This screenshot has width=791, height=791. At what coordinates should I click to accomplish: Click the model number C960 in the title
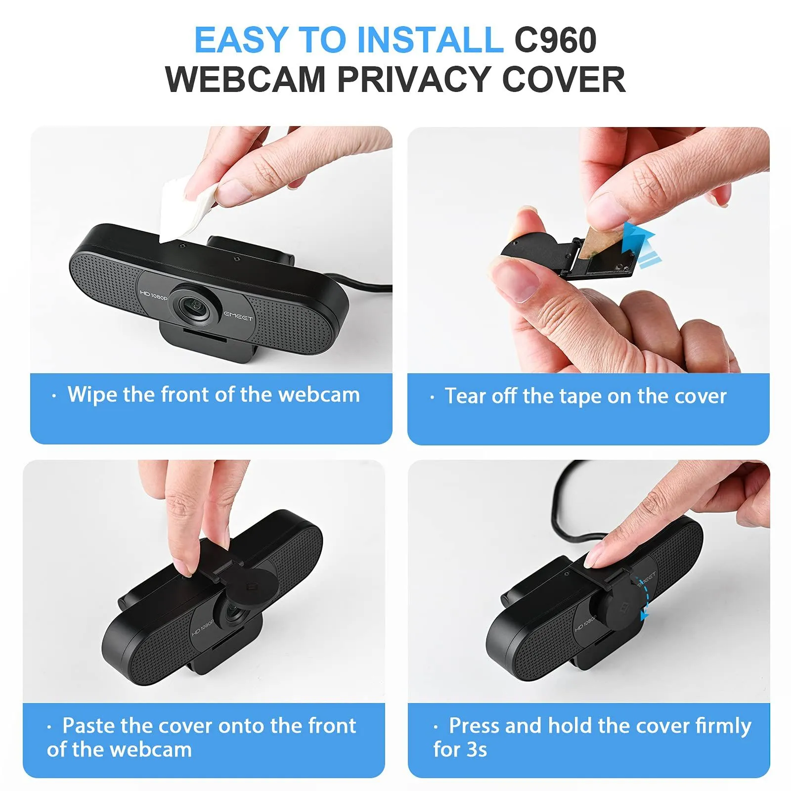click(555, 40)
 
